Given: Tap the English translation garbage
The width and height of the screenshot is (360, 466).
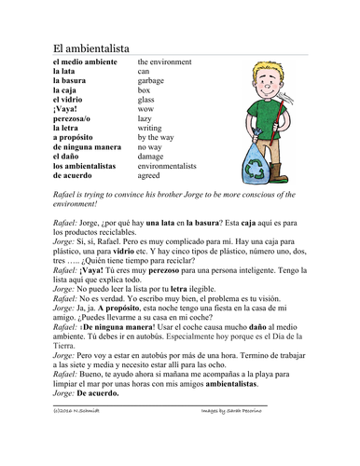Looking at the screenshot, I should (x=153, y=81).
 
